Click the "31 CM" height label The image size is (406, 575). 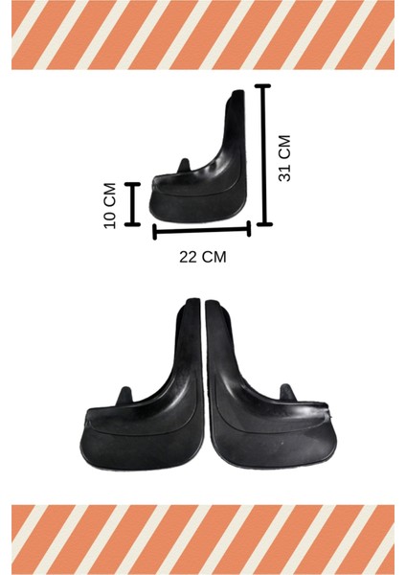pos(283,158)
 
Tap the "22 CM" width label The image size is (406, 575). pos(202,256)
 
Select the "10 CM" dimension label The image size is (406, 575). pos(110,204)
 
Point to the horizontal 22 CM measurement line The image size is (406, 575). pos(202,229)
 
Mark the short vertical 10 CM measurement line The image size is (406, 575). pos(132,203)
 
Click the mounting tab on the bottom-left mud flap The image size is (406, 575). pos(125,396)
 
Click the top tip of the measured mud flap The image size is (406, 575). pos(237,93)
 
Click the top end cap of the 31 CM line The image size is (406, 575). pos(263,86)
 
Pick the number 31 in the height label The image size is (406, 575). pos(283,172)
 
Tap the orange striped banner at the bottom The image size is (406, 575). pos(203,539)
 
